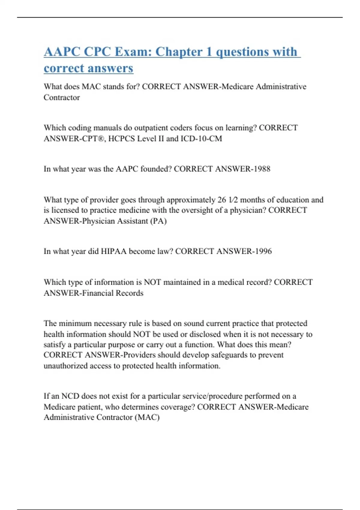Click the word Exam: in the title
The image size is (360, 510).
[133, 52]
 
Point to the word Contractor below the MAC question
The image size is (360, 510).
[62, 97]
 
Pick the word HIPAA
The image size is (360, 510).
[114, 251]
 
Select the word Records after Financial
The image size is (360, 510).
[130, 293]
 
